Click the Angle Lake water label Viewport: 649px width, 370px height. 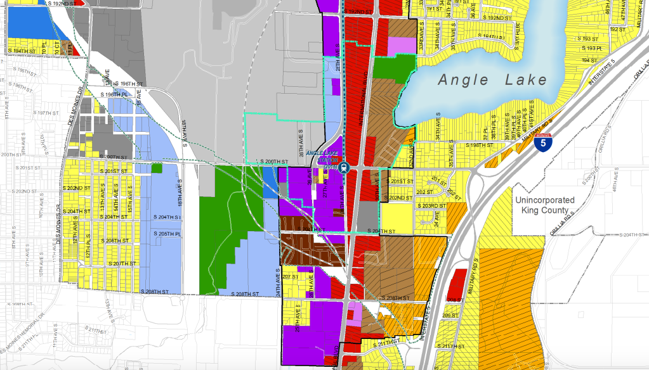pos(492,80)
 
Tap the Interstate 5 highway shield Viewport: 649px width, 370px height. pos(541,143)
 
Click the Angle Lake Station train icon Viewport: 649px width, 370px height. pos(343,168)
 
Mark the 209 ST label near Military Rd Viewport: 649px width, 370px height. pos(450,316)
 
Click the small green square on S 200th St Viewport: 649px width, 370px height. pos(156,168)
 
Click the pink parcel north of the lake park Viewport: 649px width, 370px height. pos(400,46)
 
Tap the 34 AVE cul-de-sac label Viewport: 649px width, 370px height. pos(436,219)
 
